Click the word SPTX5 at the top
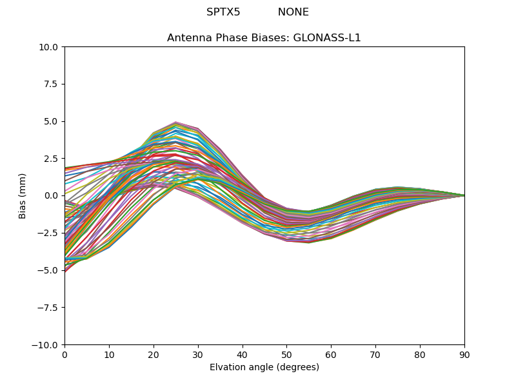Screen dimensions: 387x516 [x=223, y=12]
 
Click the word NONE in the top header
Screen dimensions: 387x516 [x=293, y=12]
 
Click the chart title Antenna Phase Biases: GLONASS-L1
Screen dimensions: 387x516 [x=264, y=38]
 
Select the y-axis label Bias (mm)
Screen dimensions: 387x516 [x=23, y=195]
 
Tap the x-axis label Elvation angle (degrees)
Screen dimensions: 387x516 [x=264, y=368]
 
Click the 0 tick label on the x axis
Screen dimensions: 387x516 [x=64, y=355]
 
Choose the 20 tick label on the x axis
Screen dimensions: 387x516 [x=154, y=355]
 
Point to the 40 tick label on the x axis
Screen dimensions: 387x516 [x=242, y=355]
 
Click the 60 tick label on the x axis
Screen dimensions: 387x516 [x=331, y=355]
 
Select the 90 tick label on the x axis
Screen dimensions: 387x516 [x=464, y=355]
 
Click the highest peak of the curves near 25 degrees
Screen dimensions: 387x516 [x=175, y=122]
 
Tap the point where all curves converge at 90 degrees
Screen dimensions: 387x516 [x=464, y=195]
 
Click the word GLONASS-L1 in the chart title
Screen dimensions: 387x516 [x=327, y=38]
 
